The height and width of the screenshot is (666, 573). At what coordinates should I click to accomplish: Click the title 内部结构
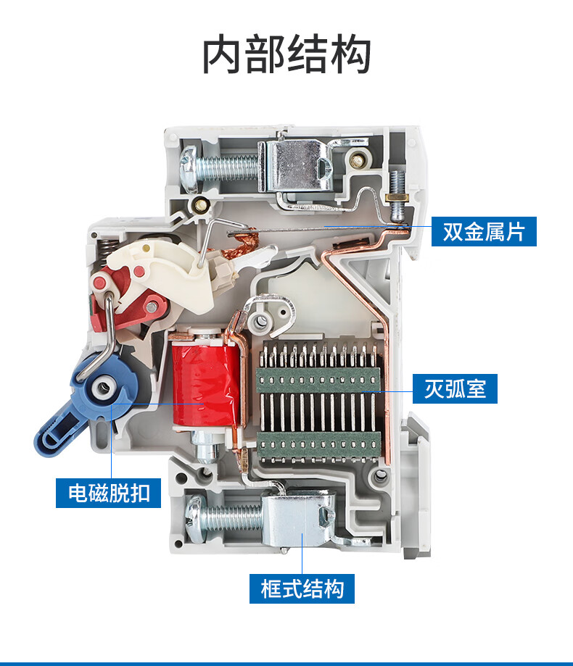pos(286,55)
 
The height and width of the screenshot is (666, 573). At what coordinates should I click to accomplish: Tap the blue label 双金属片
pos(484,231)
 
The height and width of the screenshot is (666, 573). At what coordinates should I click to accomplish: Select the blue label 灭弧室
pos(455,388)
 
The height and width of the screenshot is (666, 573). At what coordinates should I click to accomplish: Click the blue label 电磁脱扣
pos(108,493)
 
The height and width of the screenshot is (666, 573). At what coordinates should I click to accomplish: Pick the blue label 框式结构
pos(302,588)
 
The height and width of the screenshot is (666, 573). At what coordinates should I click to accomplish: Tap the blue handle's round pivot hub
pos(103,386)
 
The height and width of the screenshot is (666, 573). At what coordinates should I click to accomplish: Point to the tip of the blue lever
pos(43,445)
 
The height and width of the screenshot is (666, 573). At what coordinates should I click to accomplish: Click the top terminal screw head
pos(189,169)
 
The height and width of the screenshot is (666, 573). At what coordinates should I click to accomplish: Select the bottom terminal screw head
pos(194,519)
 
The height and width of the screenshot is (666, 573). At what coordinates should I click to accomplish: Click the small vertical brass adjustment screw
pos(397,196)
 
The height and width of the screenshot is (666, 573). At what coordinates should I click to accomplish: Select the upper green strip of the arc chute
pos(318,380)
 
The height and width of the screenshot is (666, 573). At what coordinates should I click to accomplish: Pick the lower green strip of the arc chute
pos(318,446)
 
